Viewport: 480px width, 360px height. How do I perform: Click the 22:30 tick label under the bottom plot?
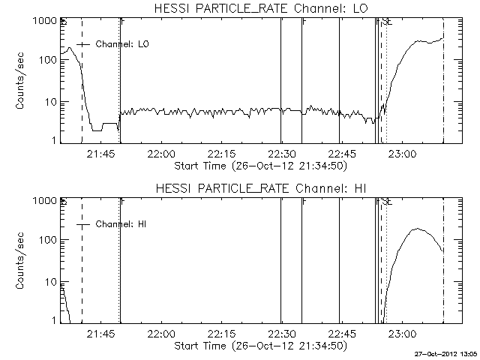280,333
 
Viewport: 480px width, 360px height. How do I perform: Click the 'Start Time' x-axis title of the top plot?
259,164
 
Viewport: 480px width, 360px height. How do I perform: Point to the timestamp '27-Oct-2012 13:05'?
447,353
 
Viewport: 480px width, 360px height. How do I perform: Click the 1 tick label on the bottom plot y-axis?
52,320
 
